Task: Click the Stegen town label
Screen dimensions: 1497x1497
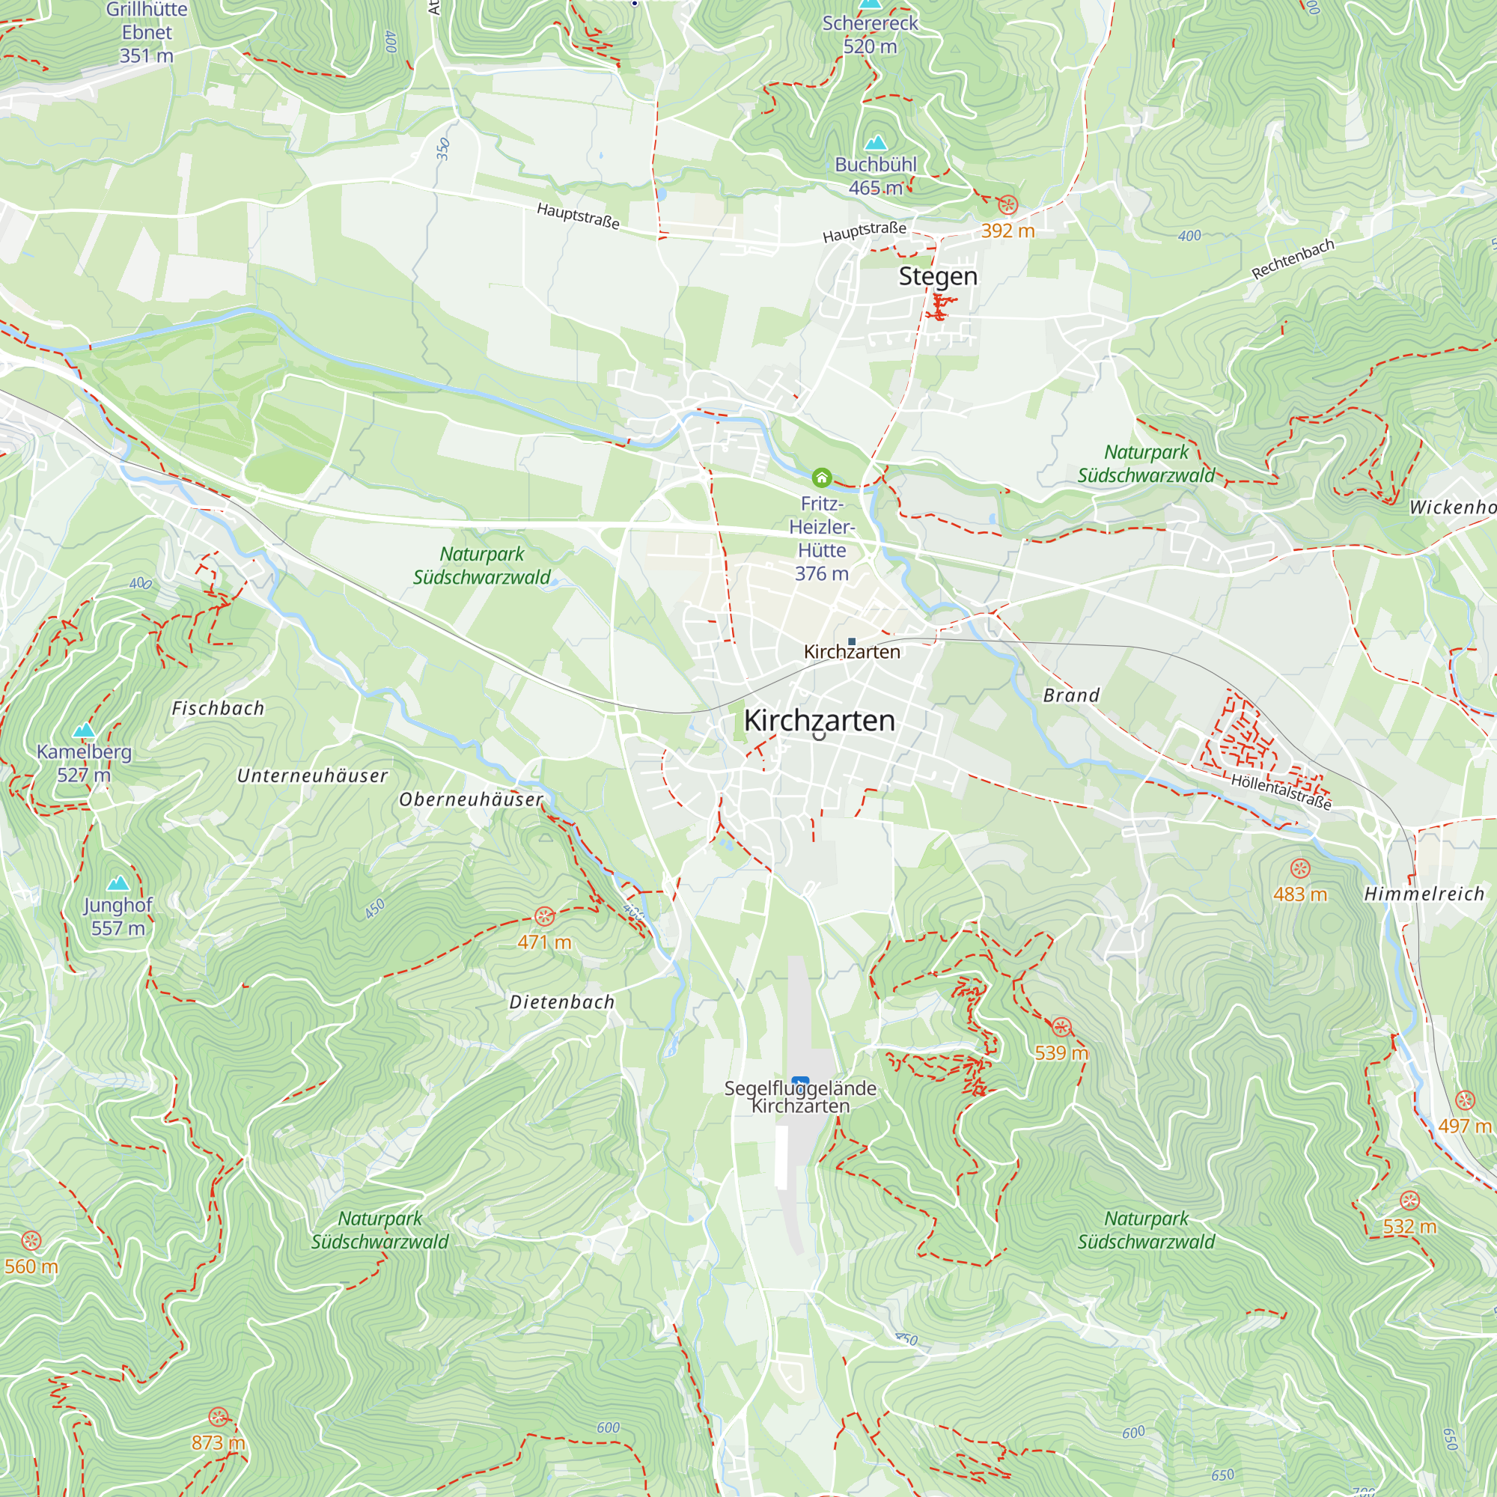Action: [938, 277]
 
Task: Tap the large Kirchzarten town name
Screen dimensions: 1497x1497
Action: [819, 721]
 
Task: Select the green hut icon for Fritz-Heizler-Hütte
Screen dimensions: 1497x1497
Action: [821, 478]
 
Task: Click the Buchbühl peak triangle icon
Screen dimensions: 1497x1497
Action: [876, 142]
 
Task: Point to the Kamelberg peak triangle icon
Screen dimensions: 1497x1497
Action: [84, 730]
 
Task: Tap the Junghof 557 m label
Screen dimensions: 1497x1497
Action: [118, 916]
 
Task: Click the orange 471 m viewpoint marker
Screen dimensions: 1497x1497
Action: [545, 917]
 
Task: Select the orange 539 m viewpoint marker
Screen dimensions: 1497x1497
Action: [1061, 1028]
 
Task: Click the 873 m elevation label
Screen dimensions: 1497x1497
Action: [218, 1442]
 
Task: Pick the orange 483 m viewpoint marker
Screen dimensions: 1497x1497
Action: [1300, 868]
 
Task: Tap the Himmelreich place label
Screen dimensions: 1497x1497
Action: [1424, 894]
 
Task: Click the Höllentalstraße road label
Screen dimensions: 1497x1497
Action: [1281, 792]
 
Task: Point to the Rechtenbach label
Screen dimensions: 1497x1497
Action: [1293, 259]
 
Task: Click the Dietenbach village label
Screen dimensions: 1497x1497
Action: [562, 1002]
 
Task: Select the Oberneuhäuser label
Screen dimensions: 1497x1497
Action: [471, 799]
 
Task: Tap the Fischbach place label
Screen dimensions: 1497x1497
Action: [218, 708]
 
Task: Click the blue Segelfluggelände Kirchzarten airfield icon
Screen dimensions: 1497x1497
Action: [800, 1082]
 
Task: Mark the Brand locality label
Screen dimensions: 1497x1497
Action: [1071, 695]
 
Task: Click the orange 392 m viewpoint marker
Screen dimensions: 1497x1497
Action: [1007, 204]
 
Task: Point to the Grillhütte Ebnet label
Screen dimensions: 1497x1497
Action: [147, 31]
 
